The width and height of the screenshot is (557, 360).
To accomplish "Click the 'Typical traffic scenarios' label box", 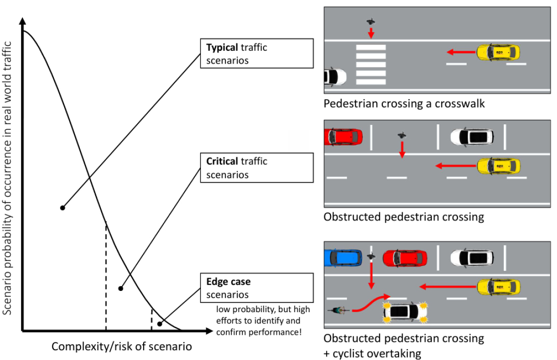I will [257, 54].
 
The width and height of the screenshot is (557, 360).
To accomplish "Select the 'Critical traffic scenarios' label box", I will [257, 168].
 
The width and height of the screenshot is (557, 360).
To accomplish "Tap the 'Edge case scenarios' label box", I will [257, 288].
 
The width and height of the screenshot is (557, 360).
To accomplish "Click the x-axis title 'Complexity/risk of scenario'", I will [121, 347].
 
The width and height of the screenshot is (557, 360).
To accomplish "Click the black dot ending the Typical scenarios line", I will [63, 208].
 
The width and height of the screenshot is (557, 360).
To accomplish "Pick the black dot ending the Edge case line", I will [160, 324].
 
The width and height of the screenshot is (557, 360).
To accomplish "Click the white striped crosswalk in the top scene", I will [371, 64].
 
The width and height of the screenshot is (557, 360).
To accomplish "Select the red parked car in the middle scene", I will [343, 137].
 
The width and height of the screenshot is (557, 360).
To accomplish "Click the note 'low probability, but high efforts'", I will [263, 320].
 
